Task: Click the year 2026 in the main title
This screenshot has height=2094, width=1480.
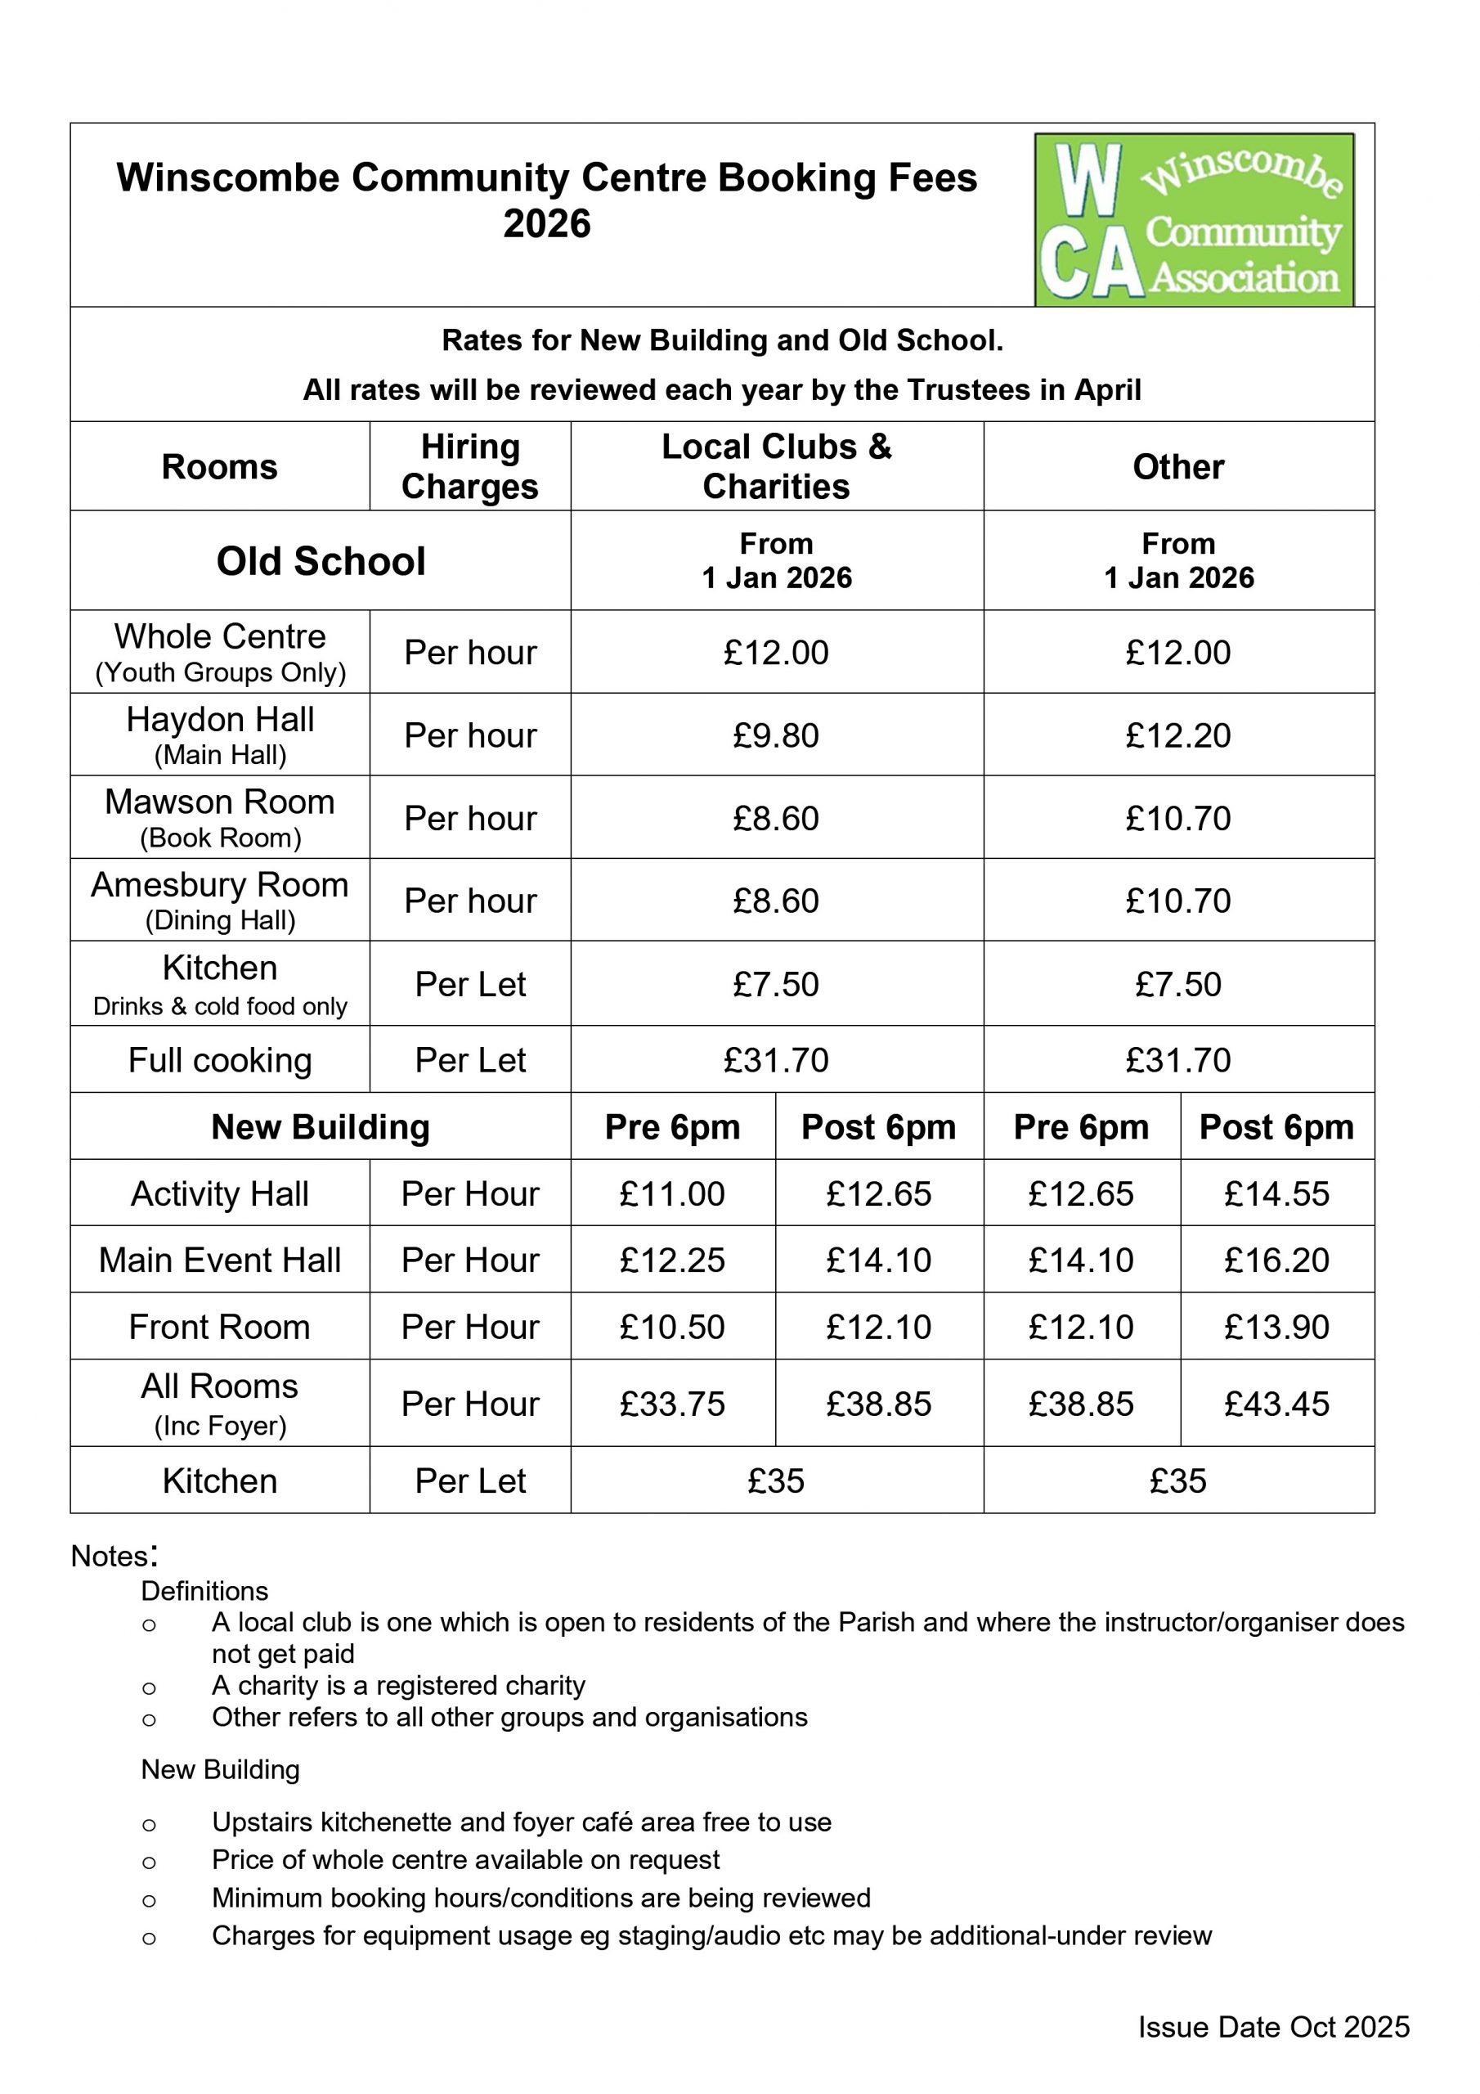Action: click(x=547, y=224)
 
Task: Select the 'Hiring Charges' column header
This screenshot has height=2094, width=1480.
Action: click(x=469, y=466)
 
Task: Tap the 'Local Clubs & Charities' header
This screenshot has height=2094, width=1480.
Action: click(x=776, y=466)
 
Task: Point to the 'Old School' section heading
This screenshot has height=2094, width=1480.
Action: click(x=321, y=561)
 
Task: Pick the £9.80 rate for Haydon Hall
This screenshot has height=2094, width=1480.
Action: click(x=776, y=735)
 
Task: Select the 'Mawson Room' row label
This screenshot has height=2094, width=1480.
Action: click(x=220, y=802)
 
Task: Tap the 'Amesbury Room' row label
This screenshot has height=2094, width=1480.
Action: click(x=220, y=886)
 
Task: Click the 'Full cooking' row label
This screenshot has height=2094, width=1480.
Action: click(x=220, y=1060)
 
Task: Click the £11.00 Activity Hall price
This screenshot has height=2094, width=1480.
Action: click(x=672, y=1194)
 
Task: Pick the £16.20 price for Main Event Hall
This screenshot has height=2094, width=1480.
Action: click(x=1276, y=1260)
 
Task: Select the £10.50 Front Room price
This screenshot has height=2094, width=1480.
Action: click(x=672, y=1327)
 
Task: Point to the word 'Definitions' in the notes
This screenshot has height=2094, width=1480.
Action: click(x=204, y=1592)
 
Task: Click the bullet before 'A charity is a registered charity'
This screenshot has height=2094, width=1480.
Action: click(x=149, y=1688)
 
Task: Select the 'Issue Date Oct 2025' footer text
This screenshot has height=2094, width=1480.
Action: click(x=1273, y=2028)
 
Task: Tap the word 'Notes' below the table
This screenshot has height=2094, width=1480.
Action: click(x=110, y=1556)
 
